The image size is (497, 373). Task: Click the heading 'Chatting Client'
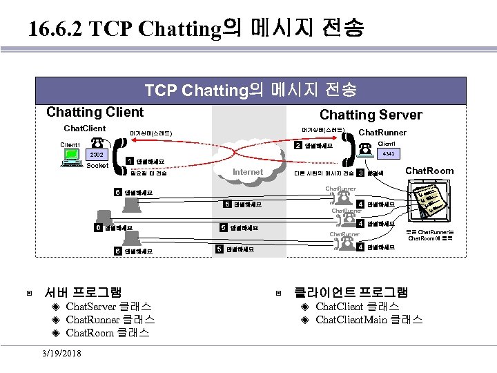click(x=95, y=112)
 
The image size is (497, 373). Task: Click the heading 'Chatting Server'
click(x=371, y=115)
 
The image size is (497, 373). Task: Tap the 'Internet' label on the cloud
click(x=248, y=171)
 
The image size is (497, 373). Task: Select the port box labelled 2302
click(x=97, y=155)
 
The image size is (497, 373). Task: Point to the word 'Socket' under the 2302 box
click(x=98, y=166)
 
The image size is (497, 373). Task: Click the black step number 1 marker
click(x=130, y=162)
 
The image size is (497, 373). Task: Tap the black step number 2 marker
click(x=298, y=146)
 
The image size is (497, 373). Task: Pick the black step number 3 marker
click(x=360, y=173)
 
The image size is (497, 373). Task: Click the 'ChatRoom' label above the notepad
click(x=429, y=171)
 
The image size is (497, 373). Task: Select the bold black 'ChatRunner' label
click(x=383, y=133)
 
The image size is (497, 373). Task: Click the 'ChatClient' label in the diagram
click(x=85, y=128)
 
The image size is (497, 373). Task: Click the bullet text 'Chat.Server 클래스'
click(x=108, y=306)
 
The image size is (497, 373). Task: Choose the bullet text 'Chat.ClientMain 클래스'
click(x=369, y=319)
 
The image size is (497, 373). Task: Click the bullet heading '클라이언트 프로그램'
click(x=351, y=291)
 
